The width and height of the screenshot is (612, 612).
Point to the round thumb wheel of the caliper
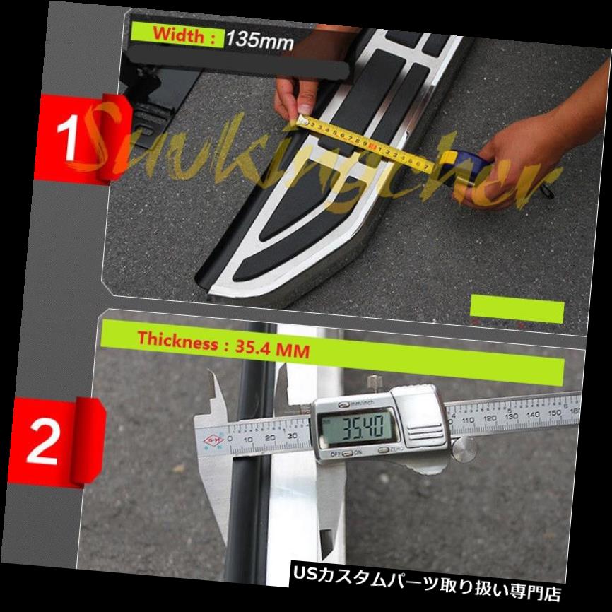tap(464, 448)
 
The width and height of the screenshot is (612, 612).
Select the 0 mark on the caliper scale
tap(247, 440)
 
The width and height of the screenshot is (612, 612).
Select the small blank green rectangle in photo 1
tap(517, 311)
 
